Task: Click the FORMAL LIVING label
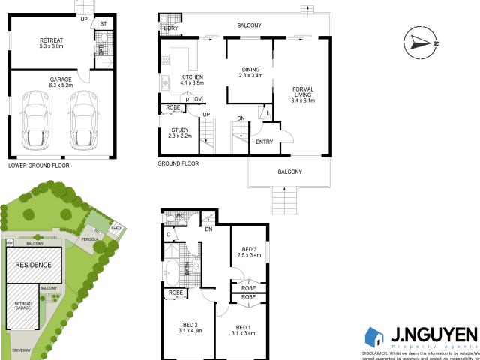click(x=303, y=94)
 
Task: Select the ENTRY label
click(x=265, y=142)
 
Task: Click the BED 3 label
click(x=250, y=251)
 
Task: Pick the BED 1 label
click(x=245, y=328)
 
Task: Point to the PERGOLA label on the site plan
click(x=91, y=240)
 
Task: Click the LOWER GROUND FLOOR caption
click(x=37, y=163)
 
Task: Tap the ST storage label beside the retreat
click(x=103, y=23)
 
